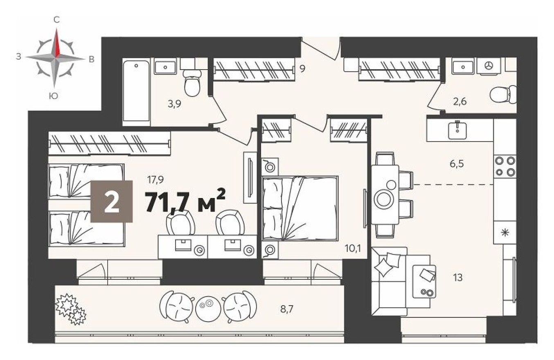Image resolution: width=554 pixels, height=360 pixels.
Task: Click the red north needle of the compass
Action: point(57,43)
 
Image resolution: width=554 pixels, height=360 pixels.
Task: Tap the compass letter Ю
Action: point(53,96)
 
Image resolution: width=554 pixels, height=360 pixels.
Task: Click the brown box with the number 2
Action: point(111,201)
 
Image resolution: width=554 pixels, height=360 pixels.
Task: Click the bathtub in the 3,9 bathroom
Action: point(136,90)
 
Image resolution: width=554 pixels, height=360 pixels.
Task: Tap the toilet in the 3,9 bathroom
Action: point(191,83)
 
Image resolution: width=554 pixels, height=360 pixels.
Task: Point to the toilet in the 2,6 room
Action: point(502,94)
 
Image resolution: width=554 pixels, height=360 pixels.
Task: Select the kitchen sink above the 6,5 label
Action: point(457,130)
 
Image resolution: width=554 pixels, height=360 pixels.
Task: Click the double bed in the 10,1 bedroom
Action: point(300,207)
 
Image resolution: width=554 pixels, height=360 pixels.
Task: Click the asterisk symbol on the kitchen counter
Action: point(505,233)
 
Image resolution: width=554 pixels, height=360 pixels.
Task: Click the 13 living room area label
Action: point(458,278)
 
